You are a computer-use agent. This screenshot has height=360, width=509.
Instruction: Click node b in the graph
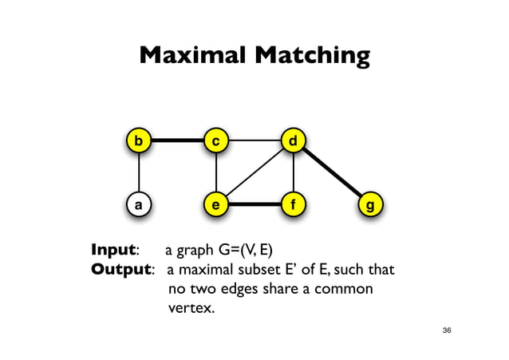click(x=140, y=141)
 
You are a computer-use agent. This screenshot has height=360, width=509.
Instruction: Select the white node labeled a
click(x=140, y=204)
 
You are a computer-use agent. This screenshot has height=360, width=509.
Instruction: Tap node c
click(x=215, y=141)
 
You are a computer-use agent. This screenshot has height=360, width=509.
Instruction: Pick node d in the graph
click(x=294, y=141)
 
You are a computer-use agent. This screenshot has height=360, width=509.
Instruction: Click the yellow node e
click(x=215, y=204)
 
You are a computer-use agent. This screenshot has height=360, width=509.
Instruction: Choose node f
click(x=294, y=204)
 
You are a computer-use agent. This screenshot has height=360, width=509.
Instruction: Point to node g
click(x=369, y=204)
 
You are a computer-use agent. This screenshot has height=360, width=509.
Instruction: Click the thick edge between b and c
click(x=177, y=141)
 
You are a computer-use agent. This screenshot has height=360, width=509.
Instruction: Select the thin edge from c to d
click(x=254, y=141)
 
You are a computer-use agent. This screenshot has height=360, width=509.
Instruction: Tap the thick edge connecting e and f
click(x=254, y=204)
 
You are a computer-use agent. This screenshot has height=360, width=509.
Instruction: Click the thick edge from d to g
click(x=332, y=173)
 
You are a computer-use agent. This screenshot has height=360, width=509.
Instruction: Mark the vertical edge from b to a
click(x=140, y=172)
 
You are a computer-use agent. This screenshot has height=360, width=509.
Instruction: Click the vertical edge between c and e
click(x=215, y=172)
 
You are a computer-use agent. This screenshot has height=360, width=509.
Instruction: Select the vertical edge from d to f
click(x=294, y=172)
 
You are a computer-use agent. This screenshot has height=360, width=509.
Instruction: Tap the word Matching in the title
click(x=313, y=57)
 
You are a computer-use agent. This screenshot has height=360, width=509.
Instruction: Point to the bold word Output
click(x=121, y=269)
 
